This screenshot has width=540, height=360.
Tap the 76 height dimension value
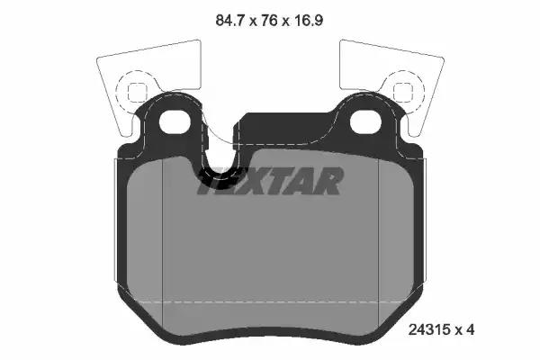point(269,21)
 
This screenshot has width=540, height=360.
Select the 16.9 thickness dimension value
point(308,21)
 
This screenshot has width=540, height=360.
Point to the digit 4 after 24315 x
point(471,329)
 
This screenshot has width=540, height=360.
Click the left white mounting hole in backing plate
point(175,121)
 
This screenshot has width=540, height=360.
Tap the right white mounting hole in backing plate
point(365,121)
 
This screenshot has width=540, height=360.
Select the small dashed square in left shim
point(137,92)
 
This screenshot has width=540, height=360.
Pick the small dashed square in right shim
point(403,92)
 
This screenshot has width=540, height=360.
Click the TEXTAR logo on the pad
point(270,181)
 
